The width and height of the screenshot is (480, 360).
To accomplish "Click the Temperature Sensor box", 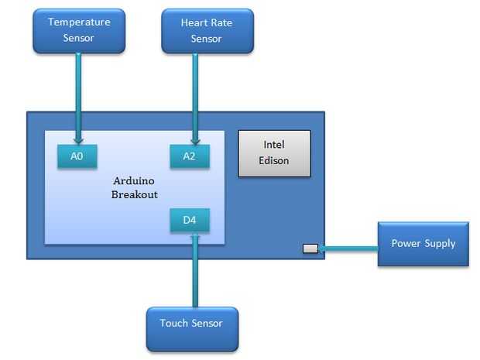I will point(79,31).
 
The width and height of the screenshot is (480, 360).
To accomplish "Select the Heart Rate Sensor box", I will point(207,31).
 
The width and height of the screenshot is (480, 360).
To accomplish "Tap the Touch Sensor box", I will point(191,328).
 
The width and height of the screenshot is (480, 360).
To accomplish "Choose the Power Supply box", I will point(423,244).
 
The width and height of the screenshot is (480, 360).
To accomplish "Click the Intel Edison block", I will point(274,153).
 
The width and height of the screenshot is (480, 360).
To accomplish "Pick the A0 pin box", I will point(77,156).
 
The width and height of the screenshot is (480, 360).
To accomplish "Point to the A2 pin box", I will point(190,156).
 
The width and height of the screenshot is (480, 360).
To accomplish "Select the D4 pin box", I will point(190,221).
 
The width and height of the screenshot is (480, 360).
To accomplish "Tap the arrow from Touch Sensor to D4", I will point(194,271).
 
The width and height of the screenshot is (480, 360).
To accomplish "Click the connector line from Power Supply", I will point(348,249).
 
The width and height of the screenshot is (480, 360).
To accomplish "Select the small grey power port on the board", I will point(310,249).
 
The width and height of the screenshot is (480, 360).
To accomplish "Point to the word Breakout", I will point(134,194).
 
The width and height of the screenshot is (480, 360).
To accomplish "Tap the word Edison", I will point(275,160).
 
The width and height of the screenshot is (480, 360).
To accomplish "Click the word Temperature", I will point(79,22).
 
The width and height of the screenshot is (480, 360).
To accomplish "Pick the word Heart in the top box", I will point(194,23).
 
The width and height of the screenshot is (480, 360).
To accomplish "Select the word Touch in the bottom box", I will point(173,323).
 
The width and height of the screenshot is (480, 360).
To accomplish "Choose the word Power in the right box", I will point(406,243).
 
